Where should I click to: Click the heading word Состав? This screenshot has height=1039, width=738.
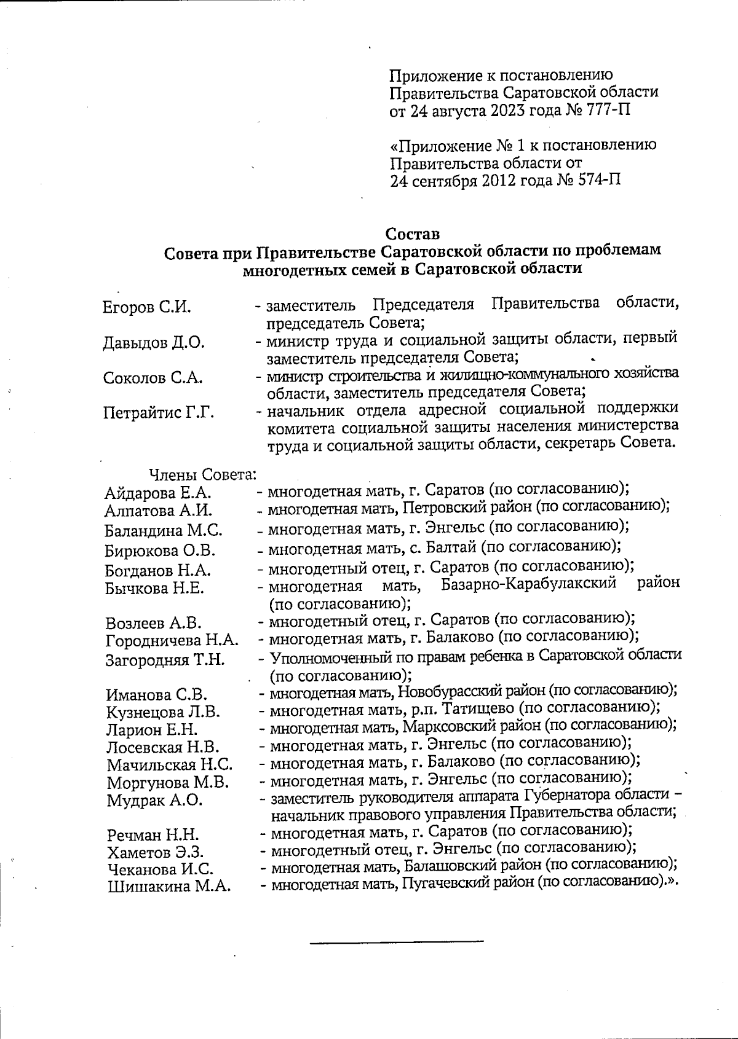coord(412,234)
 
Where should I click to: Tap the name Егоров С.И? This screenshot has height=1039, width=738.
coord(147,307)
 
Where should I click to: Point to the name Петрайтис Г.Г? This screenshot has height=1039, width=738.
coord(159,413)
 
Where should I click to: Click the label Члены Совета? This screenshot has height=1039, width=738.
coord(202,475)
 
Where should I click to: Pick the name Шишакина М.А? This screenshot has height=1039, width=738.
coord(169,887)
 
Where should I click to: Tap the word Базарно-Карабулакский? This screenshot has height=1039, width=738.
coord(529,584)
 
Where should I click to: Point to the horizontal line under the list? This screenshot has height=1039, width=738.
coord(397,941)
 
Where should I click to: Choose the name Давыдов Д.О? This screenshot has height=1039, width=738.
coord(154,343)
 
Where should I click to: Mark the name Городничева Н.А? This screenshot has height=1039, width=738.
coord(172,641)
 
